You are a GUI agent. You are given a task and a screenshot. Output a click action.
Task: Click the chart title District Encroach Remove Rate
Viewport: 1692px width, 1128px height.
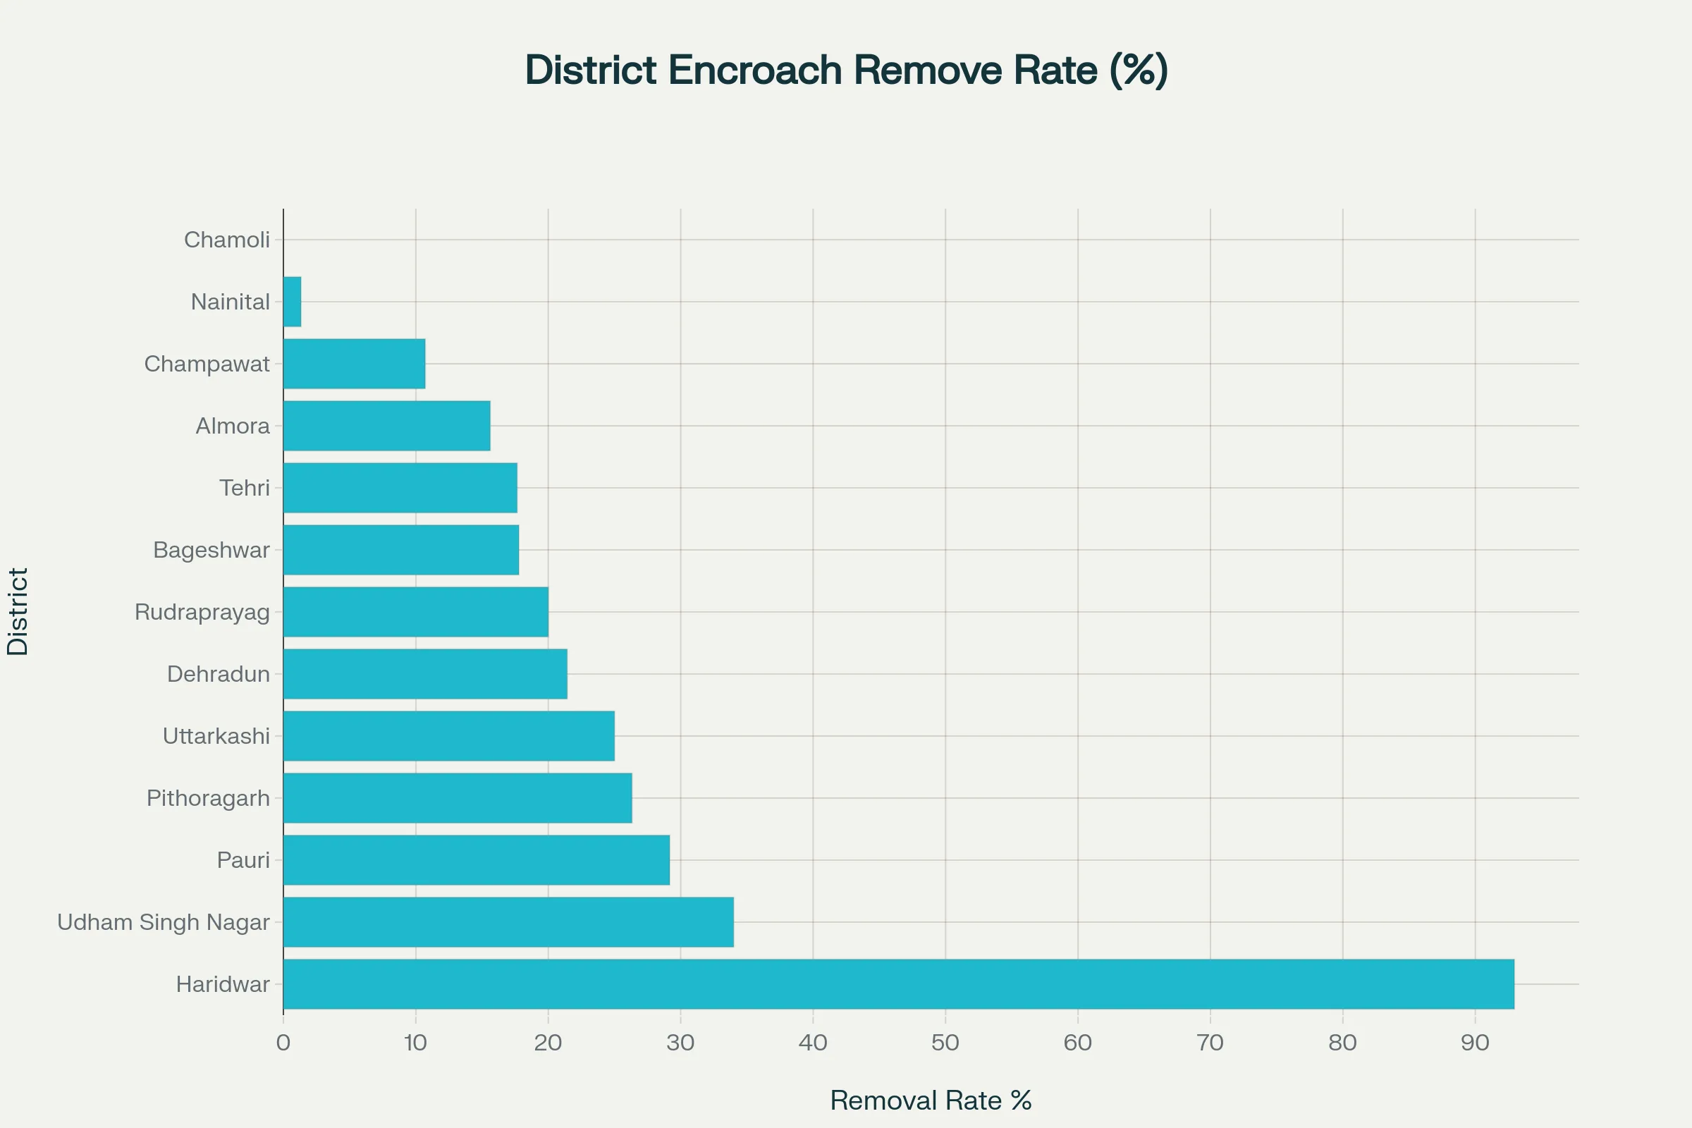coord(846,70)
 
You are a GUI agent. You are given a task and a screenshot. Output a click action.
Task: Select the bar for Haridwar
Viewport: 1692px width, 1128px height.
coord(898,983)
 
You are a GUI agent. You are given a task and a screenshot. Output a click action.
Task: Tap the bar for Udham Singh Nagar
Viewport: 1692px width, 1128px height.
coord(508,921)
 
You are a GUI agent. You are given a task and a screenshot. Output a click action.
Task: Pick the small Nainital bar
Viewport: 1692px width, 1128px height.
coord(292,302)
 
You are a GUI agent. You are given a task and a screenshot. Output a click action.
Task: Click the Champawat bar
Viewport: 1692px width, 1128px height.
coord(354,363)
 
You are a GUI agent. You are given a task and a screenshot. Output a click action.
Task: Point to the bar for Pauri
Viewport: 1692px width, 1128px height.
coord(477,859)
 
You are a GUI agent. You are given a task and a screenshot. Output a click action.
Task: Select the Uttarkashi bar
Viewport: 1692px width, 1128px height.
coord(449,736)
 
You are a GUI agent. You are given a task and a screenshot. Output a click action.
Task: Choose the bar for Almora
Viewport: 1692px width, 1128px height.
coord(386,426)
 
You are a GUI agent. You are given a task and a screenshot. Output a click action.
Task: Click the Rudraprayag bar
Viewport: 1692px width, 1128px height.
coord(416,611)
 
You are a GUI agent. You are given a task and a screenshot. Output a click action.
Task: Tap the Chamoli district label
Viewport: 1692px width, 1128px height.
coord(226,240)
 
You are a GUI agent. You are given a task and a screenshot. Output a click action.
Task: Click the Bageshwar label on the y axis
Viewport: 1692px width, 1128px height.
coord(211,550)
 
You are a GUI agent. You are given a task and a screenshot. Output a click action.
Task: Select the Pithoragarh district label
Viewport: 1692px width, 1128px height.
coord(208,798)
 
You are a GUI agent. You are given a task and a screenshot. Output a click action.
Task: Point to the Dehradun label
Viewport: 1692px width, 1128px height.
coord(218,674)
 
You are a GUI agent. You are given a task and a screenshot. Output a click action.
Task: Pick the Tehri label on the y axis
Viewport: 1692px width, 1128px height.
coord(245,488)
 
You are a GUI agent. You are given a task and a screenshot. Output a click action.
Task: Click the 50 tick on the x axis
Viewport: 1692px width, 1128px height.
coord(945,1043)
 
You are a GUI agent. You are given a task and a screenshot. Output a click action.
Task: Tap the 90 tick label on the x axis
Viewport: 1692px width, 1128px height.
coord(1475,1043)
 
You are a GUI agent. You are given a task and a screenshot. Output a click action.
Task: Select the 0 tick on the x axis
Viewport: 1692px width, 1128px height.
coord(283,1043)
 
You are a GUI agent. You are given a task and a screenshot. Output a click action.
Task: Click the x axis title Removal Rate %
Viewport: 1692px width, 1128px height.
coord(931,1100)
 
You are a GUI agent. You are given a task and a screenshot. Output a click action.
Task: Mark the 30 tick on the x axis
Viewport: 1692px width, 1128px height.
coord(680,1043)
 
